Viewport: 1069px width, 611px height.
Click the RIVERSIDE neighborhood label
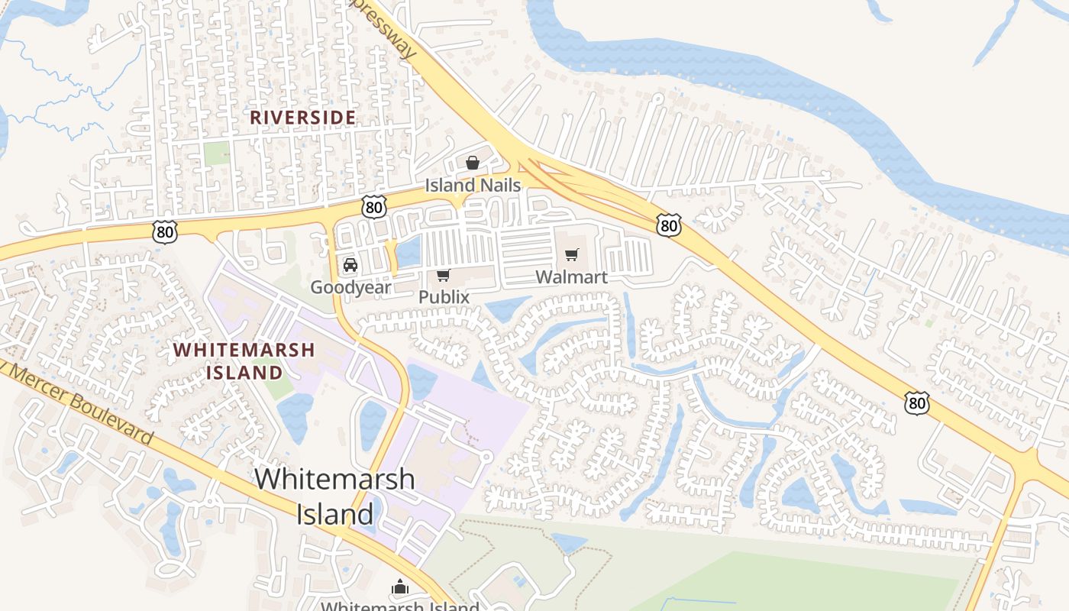(303, 117)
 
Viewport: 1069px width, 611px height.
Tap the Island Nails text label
(473, 185)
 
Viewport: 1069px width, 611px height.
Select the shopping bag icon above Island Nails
(473, 163)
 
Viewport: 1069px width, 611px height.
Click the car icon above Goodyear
(350, 265)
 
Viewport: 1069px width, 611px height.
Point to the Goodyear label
(350, 287)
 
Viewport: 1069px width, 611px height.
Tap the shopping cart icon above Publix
(444, 275)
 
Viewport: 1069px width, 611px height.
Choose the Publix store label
(444, 296)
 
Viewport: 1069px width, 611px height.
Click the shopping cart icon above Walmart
(572, 254)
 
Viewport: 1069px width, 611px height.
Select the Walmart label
(572, 276)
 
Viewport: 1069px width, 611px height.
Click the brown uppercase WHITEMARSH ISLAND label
(244, 361)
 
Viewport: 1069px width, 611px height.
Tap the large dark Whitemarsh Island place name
(335, 496)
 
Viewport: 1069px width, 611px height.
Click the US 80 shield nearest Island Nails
(373, 206)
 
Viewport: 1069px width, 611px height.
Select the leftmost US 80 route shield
(164, 231)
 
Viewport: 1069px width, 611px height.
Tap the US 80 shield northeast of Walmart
(669, 225)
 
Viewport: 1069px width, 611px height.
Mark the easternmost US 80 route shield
(917, 402)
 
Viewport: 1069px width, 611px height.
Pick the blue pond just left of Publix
(409, 251)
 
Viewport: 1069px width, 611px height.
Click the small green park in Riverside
(216, 153)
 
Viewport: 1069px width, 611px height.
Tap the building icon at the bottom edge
(400, 587)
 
